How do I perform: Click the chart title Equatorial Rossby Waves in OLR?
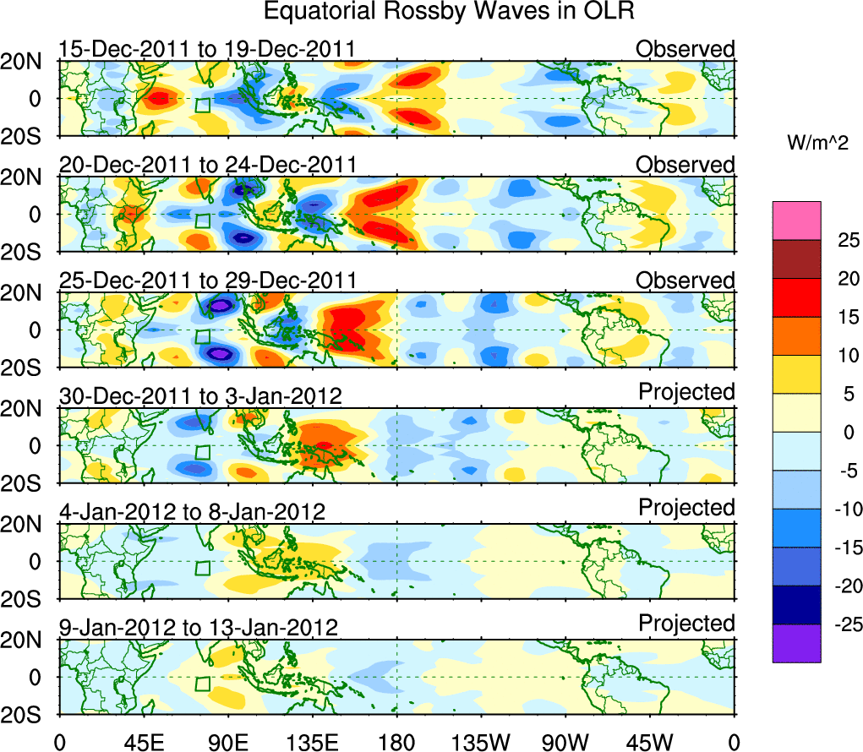(449, 13)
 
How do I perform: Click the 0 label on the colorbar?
(847, 432)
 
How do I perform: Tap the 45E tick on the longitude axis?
(143, 741)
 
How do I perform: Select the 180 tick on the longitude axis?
(396, 741)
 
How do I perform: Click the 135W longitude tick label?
(481, 741)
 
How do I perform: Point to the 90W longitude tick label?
(565, 741)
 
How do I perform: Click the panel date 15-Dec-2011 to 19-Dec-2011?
(206, 50)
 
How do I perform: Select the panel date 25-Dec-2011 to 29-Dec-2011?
(208, 281)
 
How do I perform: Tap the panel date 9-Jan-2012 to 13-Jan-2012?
(198, 628)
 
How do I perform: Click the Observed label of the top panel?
(685, 49)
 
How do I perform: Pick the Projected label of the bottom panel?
(686, 624)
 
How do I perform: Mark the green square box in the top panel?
(202, 105)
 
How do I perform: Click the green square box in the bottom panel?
(202, 684)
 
